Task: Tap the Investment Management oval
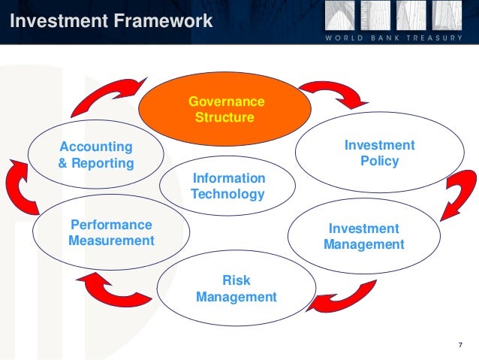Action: coord(363,236)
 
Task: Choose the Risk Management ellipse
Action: coord(236,289)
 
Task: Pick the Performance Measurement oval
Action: coord(111,233)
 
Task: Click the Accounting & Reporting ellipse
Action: coord(96,155)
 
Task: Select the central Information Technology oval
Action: coord(228,186)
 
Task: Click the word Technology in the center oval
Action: coord(228,195)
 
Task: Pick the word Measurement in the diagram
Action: coord(111,241)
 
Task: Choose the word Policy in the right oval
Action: coord(379,161)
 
